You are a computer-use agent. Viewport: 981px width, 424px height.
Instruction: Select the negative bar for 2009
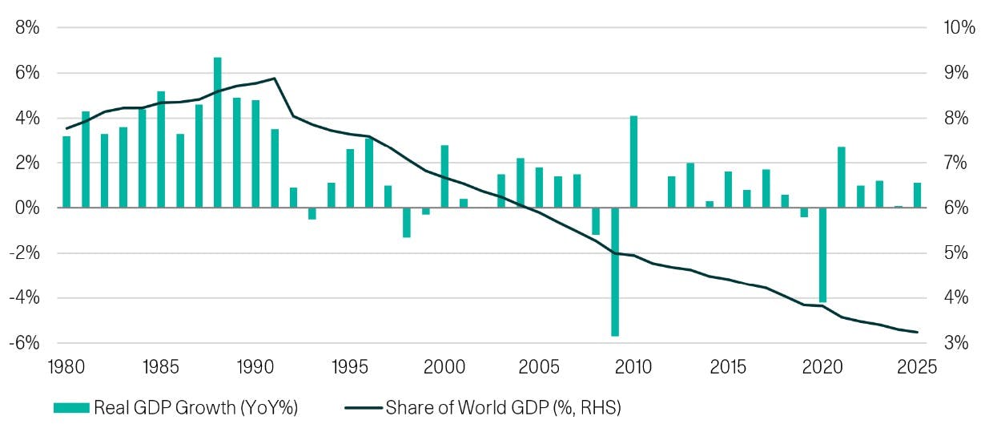(615, 272)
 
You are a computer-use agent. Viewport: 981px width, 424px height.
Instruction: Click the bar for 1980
(66, 172)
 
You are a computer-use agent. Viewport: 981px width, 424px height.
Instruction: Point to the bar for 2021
(842, 177)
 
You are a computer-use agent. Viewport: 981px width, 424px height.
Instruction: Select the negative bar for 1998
(407, 222)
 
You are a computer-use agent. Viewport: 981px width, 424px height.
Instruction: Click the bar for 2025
(917, 196)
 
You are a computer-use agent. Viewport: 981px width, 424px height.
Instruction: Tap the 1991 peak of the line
(275, 79)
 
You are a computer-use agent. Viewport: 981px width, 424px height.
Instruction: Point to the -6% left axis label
(26, 342)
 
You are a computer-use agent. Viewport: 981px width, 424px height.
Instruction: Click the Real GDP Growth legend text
(196, 407)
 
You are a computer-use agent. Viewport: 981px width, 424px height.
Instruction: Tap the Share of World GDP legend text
(504, 407)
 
